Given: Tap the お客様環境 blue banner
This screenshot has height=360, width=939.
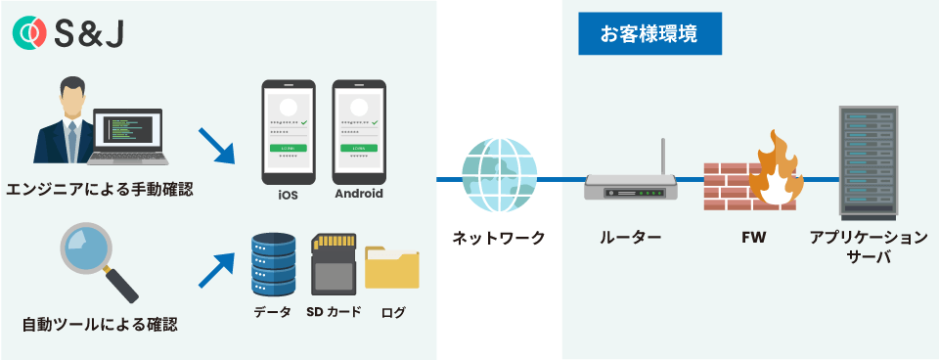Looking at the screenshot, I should click(x=648, y=34).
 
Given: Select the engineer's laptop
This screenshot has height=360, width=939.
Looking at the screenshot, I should click(x=132, y=137).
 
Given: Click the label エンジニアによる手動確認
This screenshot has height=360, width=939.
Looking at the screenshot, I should click(x=99, y=189).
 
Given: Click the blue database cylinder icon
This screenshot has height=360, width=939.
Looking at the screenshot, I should click(x=273, y=263).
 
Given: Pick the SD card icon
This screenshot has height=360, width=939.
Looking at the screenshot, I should click(x=332, y=264).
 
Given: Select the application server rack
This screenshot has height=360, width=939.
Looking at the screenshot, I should click(x=868, y=160).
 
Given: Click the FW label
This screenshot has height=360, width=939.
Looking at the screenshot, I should click(x=754, y=238).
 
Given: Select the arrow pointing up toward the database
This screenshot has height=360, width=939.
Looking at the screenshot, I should click(x=216, y=267).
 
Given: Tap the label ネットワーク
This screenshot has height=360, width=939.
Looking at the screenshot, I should click(x=499, y=238).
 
